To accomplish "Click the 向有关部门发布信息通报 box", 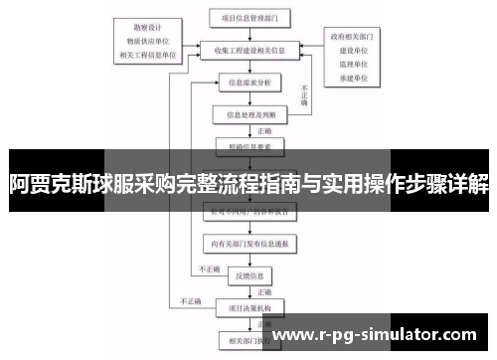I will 248,243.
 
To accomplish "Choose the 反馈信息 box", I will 248,275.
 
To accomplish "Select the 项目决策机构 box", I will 248,307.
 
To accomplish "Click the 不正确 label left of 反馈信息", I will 209,269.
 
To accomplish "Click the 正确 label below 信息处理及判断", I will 264,130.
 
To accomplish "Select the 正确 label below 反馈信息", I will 264,292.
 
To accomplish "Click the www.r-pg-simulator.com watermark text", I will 380,335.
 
